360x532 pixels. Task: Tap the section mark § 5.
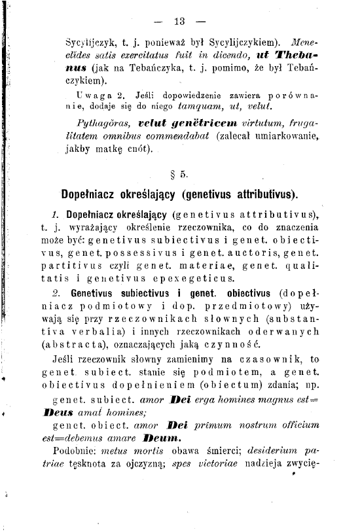pyautogui.click(x=180, y=175)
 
